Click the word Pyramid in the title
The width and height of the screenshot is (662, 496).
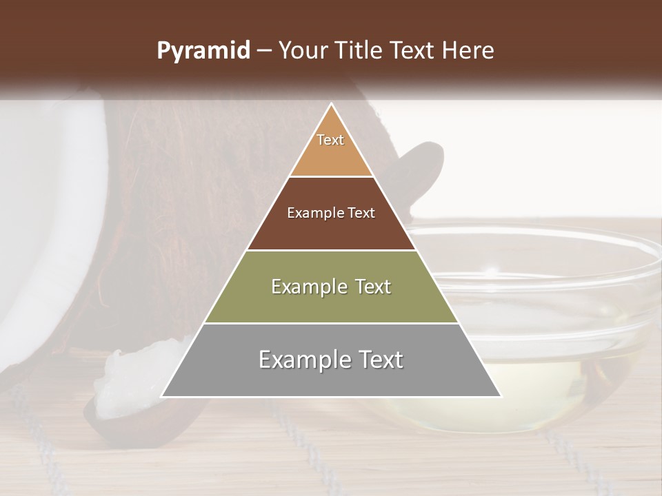coord(203,51)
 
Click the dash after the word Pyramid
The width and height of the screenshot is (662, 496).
coord(263,51)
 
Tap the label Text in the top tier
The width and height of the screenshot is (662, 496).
coord(330,140)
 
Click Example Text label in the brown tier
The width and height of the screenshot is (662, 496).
coord(331,213)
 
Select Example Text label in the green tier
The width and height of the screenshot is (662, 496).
coord(331,287)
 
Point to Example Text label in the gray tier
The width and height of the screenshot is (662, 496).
coord(331,360)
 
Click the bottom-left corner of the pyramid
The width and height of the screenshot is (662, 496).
coord(162,396)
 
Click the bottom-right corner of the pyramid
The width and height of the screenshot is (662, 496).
coord(501,396)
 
